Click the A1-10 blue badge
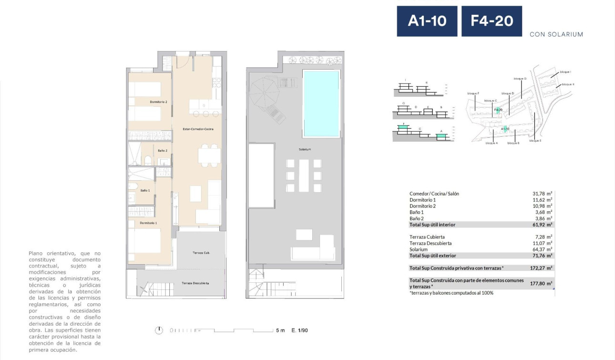point(427,21)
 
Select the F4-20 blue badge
point(492,21)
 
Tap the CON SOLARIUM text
point(556,34)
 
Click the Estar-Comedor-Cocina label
point(198,129)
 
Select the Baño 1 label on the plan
point(145,190)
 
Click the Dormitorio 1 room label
point(148,223)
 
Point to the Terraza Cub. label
point(201,253)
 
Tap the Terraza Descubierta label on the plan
point(195,283)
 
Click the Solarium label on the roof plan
point(305,149)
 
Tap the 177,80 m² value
point(541,283)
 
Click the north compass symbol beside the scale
point(159,330)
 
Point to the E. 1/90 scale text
point(300,330)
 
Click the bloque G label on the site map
point(520,78)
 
